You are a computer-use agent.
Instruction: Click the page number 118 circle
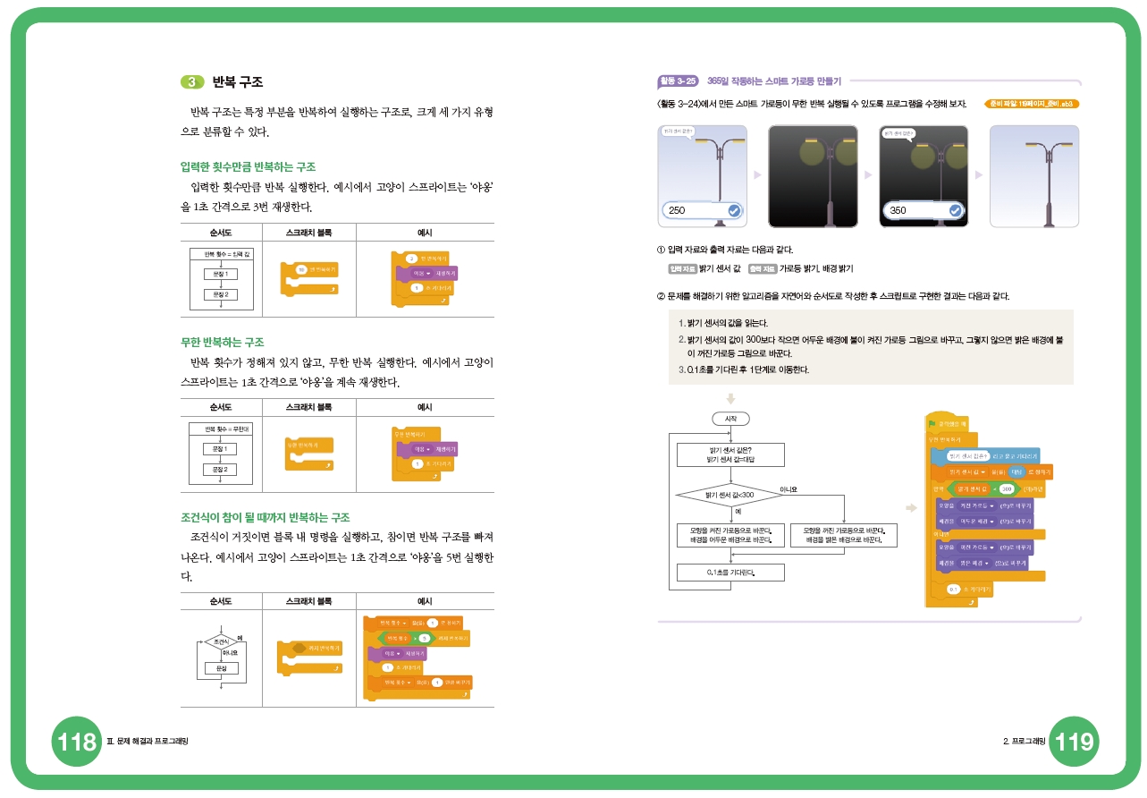76,741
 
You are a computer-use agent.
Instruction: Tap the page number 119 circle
1073,741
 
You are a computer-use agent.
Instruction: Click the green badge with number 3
192,82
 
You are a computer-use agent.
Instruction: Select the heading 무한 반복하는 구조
223,342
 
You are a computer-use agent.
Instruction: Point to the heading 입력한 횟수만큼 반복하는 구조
248,166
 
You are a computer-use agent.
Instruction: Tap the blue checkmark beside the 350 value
955,210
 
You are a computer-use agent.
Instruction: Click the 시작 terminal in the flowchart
730,419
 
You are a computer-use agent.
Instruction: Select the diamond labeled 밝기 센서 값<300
730,494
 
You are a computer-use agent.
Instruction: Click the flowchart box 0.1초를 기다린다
730,573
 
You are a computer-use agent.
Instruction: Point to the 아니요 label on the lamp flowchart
789,489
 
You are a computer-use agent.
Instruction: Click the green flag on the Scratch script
932,424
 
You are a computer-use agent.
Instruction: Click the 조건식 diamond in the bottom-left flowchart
218,641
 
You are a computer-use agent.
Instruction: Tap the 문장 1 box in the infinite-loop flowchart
219,448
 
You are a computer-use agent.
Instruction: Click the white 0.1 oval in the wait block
954,589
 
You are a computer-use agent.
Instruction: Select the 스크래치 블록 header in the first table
308,233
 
